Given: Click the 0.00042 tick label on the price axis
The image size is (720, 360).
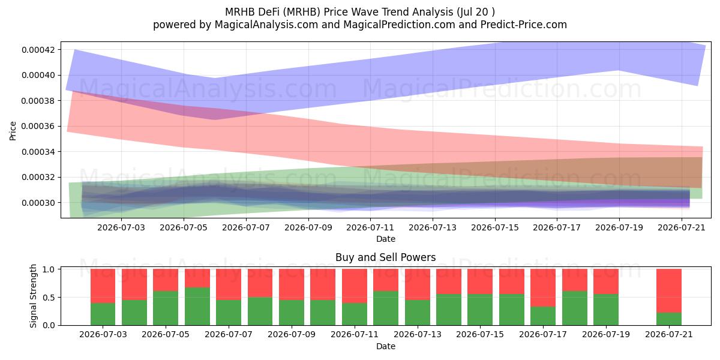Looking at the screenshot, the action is click(x=38, y=50).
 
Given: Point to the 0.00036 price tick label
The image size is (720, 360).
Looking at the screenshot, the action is click(x=38, y=127).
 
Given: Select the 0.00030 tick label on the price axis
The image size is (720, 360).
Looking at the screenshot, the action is click(x=38, y=203).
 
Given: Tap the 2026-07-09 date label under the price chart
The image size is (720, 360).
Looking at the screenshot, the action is click(x=308, y=227).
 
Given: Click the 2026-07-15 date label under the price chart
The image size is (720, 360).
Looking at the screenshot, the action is click(x=495, y=227).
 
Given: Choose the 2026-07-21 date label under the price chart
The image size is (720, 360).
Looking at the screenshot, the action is click(x=682, y=227).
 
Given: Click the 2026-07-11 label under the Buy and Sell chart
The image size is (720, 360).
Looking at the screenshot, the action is click(x=355, y=334).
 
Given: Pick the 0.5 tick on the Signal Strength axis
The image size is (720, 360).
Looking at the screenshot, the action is click(x=49, y=298).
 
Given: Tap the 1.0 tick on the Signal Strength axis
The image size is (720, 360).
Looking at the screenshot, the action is click(x=49, y=269).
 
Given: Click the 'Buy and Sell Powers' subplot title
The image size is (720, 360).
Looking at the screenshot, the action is click(x=386, y=257).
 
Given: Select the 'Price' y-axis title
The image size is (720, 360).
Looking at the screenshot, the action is click(x=13, y=131).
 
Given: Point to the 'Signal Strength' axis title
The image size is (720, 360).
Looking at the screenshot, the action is click(x=33, y=296).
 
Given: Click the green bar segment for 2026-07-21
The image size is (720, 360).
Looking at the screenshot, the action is click(x=669, y=319).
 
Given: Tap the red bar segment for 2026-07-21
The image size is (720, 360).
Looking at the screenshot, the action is click(x=669, y=291).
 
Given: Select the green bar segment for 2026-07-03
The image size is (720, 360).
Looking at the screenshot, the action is click(x=103, y=314).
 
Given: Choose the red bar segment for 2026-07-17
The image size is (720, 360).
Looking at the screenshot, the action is click(x=543, y=287).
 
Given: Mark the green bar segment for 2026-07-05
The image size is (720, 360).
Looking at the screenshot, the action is click(x=166, y=308).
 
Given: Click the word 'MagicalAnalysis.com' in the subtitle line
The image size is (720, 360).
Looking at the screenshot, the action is click(x=266, y=25).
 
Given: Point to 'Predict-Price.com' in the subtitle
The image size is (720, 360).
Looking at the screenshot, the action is click(x=524, y=25).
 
